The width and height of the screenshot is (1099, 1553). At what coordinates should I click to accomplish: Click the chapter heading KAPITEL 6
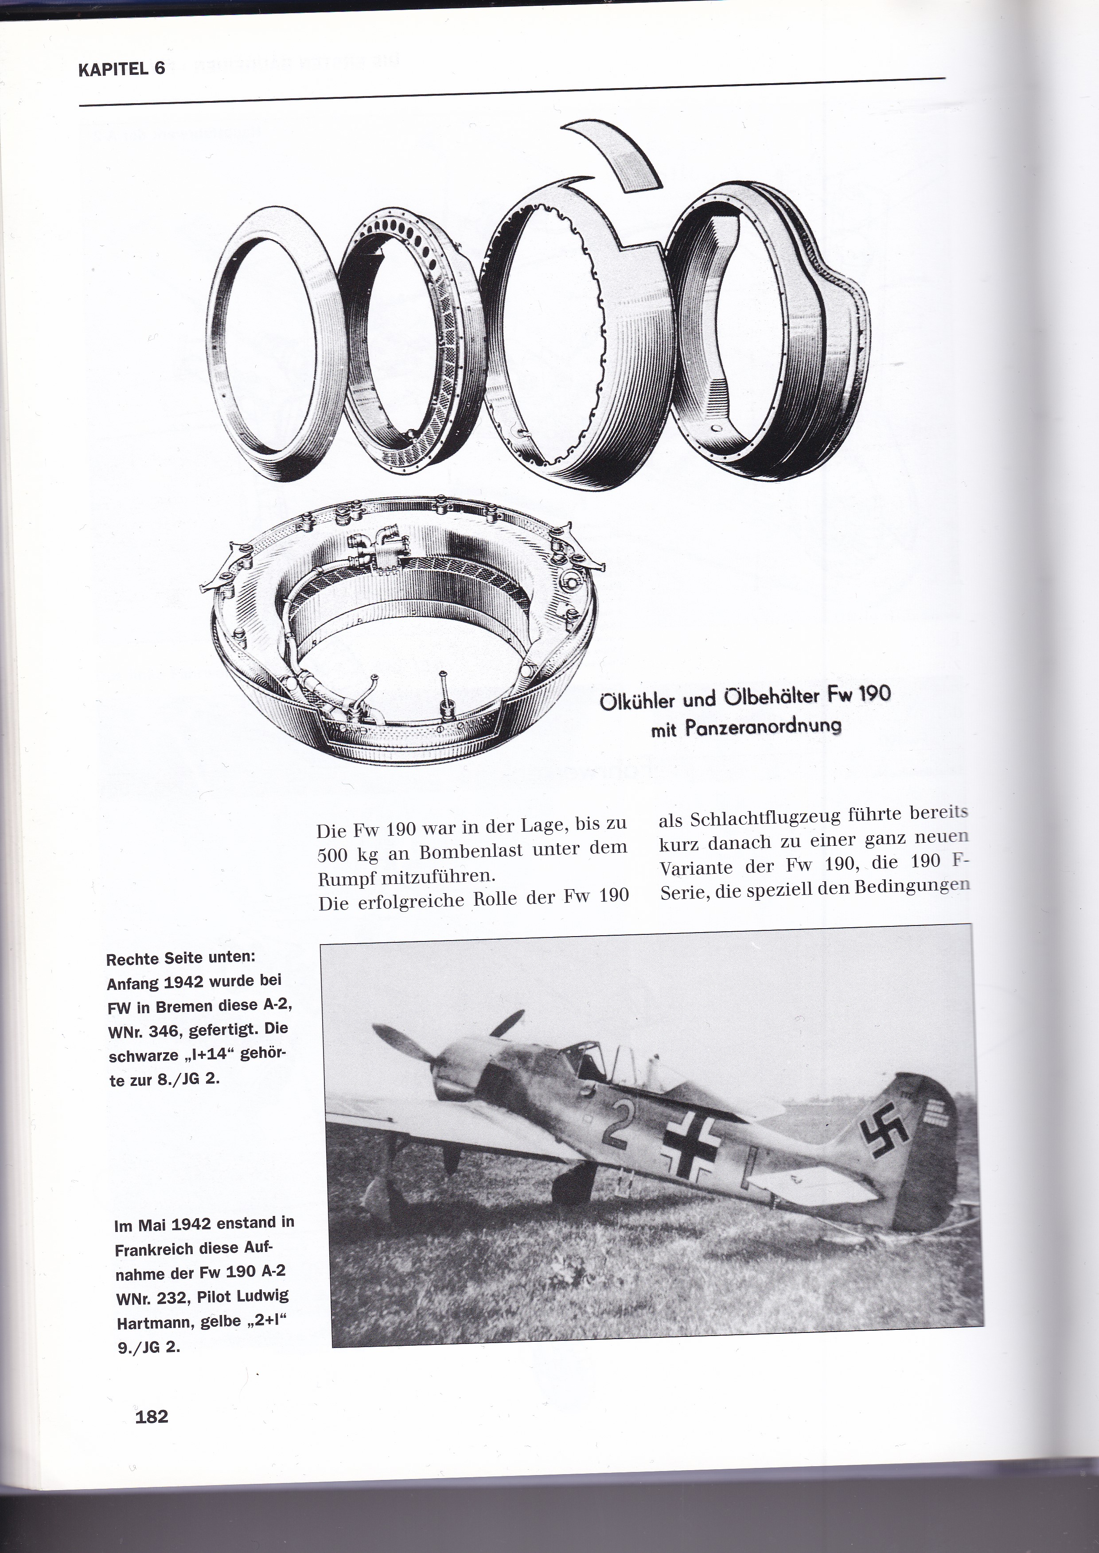click(x=122, y=69)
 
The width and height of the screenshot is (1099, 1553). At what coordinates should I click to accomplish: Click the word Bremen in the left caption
click(x=187, y=1006)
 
